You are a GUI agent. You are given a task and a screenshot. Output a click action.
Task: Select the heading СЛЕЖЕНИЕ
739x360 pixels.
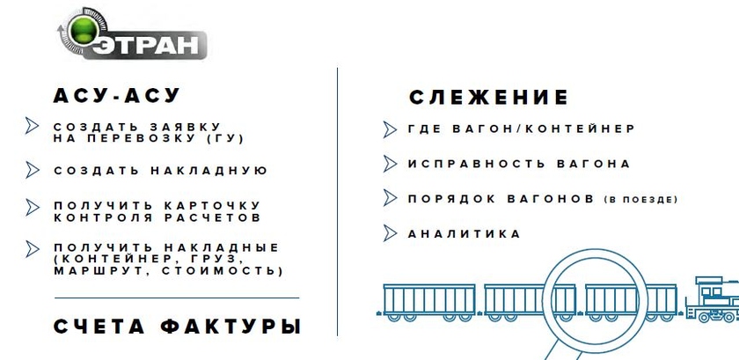coord(489,97)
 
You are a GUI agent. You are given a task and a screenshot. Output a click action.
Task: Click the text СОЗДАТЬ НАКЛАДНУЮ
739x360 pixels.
coord(160,170)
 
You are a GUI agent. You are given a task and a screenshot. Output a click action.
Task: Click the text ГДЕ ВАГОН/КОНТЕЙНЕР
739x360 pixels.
coord(521,129)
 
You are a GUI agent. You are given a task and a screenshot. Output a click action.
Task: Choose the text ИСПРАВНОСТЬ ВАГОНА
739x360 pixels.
coord(519,164)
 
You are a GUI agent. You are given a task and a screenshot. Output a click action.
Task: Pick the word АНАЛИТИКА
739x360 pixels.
coord(465,233)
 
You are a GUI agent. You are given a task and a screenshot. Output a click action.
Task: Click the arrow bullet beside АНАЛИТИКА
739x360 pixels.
coord(390,233)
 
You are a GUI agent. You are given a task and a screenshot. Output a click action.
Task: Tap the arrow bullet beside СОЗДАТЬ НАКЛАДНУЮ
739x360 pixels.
coord(33,170)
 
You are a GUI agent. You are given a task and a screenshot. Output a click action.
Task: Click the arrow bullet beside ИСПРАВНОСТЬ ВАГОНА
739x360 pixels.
coord(390,164)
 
